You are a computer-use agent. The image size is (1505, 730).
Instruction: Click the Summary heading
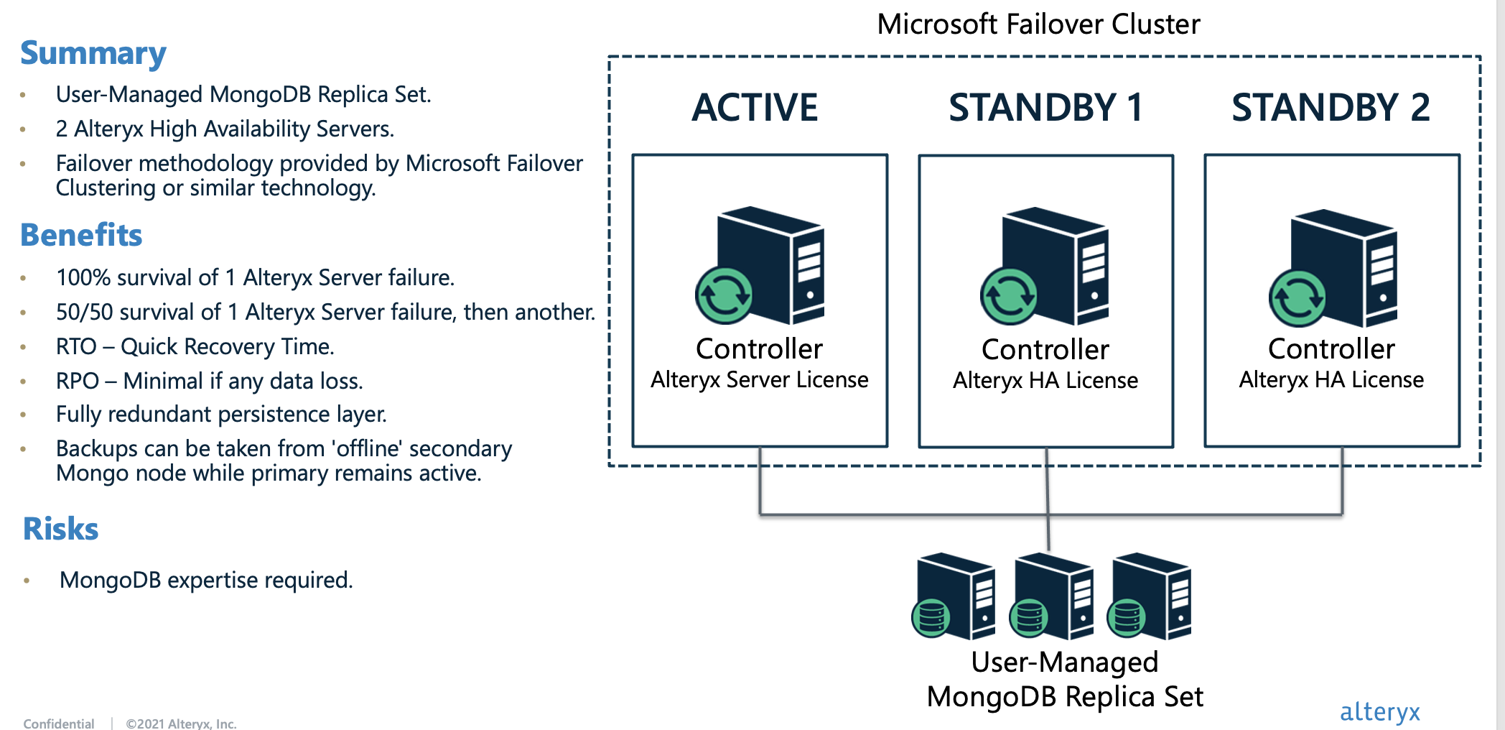(93, 54)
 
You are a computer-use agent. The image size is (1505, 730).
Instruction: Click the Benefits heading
(81, 236)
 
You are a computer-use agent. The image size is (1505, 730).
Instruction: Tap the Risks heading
(60, 530)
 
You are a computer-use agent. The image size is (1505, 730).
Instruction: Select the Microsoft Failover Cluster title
(1038, 24)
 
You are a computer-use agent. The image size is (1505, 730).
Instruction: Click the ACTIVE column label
(755, 108)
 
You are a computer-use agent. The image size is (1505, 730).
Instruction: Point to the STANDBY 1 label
(1045, 108)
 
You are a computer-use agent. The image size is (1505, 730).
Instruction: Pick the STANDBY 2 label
(1331, 108)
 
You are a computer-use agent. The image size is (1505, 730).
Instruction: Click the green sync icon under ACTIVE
(724, 295)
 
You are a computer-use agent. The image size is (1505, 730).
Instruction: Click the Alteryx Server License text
(760, 379)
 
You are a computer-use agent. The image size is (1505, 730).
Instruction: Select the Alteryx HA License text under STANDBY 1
(1045, 380)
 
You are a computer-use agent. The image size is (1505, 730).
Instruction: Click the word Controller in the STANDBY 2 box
(1331, 349)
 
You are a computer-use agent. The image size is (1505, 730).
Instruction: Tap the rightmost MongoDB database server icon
(1151, 596)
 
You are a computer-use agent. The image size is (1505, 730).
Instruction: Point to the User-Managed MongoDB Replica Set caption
(1065, 680)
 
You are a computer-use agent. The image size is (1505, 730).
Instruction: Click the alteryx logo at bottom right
(1379, 711)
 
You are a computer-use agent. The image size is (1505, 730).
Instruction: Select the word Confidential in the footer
(59, 723)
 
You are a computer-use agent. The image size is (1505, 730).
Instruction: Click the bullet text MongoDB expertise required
(206, 580)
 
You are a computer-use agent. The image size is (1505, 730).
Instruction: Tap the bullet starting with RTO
(195, 346)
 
